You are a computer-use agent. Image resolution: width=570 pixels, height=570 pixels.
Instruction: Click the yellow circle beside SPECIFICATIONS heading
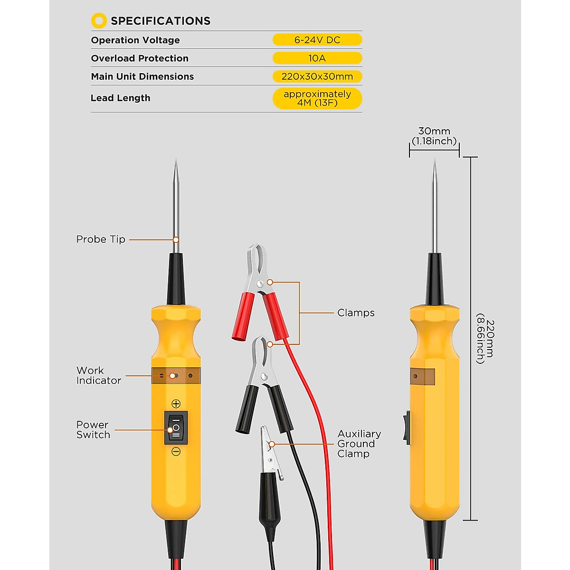[99, 20]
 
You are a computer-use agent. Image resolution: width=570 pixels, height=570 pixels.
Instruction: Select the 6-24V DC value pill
[317, 40]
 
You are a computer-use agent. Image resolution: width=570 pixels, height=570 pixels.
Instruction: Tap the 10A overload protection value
[317, 58]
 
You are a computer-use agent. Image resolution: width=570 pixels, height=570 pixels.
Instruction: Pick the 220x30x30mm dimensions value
[317, 76]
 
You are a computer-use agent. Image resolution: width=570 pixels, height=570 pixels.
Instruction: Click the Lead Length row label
[120, 98]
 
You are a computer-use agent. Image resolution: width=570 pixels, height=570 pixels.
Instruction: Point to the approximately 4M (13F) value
[317, 98]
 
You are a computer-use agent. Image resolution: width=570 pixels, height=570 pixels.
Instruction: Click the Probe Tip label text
[101, 239]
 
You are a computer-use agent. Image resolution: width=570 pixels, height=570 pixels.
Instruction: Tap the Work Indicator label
[98, 375]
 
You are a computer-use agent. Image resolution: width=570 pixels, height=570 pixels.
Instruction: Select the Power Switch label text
[93, 429]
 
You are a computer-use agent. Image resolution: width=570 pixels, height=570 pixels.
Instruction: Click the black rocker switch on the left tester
[176, 427]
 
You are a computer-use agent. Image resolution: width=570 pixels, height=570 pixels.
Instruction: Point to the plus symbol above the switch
[176, 404]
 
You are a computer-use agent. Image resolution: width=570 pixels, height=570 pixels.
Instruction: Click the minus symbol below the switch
[176, 452]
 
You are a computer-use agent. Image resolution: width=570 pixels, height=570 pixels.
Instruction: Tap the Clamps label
[356, 313]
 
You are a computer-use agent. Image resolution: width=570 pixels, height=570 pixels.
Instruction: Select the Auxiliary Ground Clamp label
[359, 444]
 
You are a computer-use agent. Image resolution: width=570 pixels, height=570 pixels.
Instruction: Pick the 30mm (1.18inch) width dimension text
[434, 136]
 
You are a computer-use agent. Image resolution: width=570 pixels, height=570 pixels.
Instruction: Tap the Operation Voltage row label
[135, 40]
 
